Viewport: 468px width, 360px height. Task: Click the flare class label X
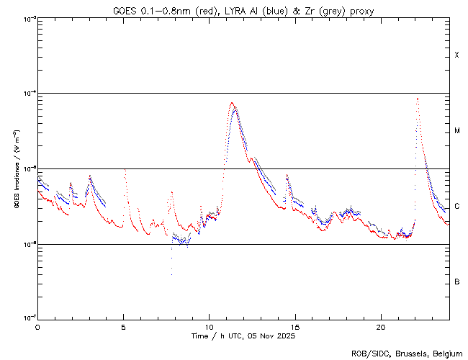pyautogui.click(x=457, y=55)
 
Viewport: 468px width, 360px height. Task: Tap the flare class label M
pyautogui.click(x=457, y=131)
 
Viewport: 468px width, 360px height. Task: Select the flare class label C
pyautogui.click(x=457, y=207)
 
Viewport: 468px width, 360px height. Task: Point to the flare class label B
pyautogui.click(x=457, y=282)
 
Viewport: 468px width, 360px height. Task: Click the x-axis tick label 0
pyautogui.click(x=37, y=326)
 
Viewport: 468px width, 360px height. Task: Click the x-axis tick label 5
pyautogui.click(x=123, y=326)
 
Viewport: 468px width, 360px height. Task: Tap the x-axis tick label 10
pyautogui.click(x=209, y=326)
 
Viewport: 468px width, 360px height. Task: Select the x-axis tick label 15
pyautogui.click(x=294, y=326)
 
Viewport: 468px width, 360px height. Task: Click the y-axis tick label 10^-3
pyautogui.click(x=26, y=18)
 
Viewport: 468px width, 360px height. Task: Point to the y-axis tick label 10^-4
pyautogui.click(x=26, y=94)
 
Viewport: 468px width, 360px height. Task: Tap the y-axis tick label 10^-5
pyautogui.click(x=26, y=168)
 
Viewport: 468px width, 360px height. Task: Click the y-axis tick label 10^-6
pyautogui.click(x=26, y=244)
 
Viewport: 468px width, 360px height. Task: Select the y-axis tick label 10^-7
pyautogui.click(x=26, y=319)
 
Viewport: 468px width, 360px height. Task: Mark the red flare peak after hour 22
pyautogui.click(x=418, y=98)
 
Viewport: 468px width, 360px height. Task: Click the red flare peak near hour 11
pyautogui.click(x=232, y=102)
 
